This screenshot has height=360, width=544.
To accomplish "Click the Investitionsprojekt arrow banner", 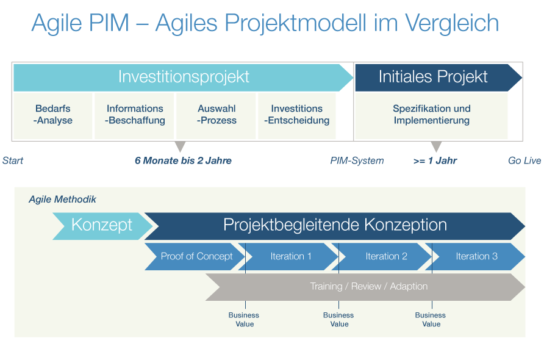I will click(184, 77).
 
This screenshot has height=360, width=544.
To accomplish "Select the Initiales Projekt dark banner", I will click(433, 77).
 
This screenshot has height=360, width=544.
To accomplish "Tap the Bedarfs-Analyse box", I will click(53, 115).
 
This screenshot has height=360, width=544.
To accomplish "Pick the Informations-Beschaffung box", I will click(135, 115).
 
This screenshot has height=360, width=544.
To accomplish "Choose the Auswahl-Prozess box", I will click(217, 115).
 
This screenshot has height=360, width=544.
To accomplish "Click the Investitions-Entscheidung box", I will click(297, 115).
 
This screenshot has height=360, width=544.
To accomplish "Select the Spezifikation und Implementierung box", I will click(432, 115).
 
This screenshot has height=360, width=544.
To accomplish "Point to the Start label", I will click(13, 161).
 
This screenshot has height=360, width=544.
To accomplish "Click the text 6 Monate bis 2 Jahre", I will click(183, 161).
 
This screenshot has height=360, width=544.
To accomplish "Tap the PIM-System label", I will click(357, 161).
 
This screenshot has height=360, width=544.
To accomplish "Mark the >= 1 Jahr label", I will click(435, 161).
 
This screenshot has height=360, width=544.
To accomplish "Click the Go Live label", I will click(524, 161).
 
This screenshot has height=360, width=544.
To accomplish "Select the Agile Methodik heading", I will click(62, 200).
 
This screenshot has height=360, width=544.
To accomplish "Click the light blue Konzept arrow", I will click(101, 225).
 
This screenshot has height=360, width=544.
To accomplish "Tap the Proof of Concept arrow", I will click(196, 256).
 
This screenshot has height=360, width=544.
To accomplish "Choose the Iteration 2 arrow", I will click(386, 256).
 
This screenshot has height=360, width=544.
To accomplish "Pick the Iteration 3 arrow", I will click(476, 256).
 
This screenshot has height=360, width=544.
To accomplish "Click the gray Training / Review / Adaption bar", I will click(368, 287).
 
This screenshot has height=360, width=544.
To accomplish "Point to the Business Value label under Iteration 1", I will click(244, 320).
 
